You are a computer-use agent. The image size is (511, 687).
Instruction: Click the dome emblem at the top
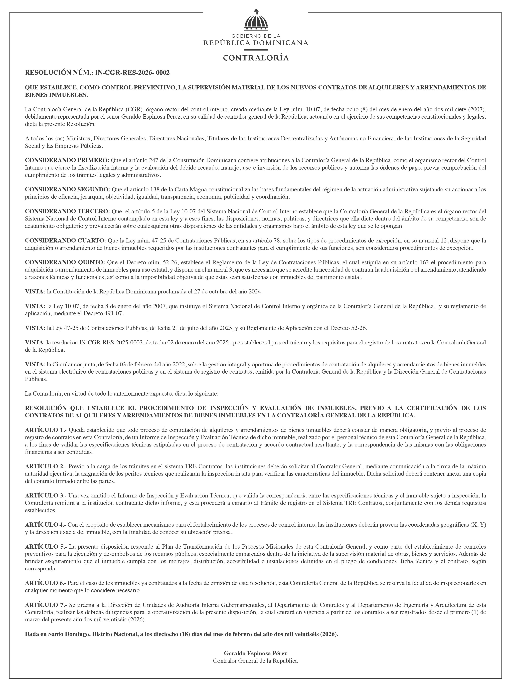coord(255,19)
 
